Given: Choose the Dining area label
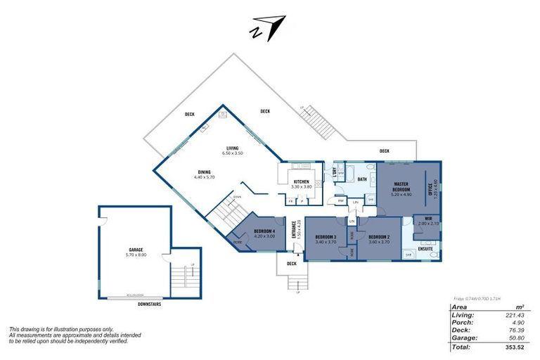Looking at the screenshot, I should tap(204, 172).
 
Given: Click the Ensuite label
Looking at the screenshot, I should tap(425, 248).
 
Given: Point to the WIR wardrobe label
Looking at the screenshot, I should tap(427, 220).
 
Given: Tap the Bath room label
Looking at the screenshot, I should tap(362, 179).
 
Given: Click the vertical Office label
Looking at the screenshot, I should tap(434, 189).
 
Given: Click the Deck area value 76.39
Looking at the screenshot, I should tap(513, 330).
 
